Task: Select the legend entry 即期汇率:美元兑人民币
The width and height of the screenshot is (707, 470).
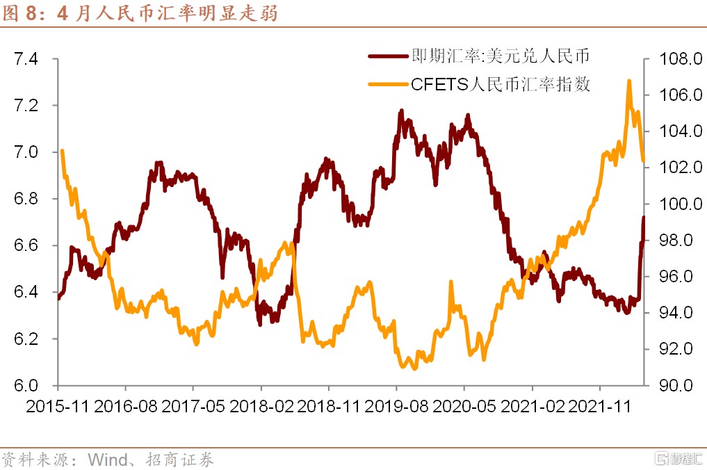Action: click(x=501, y=56)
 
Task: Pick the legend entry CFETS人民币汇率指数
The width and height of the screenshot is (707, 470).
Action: click(x=501, y=85)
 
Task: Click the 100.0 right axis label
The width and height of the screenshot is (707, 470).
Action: click(x=671, y=204)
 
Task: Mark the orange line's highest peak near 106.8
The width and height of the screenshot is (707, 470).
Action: click(x=629, y=81)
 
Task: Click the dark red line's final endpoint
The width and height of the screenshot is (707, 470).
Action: click(x=644, y=218)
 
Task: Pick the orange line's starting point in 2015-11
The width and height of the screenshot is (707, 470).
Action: click(x=63, y=151)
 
